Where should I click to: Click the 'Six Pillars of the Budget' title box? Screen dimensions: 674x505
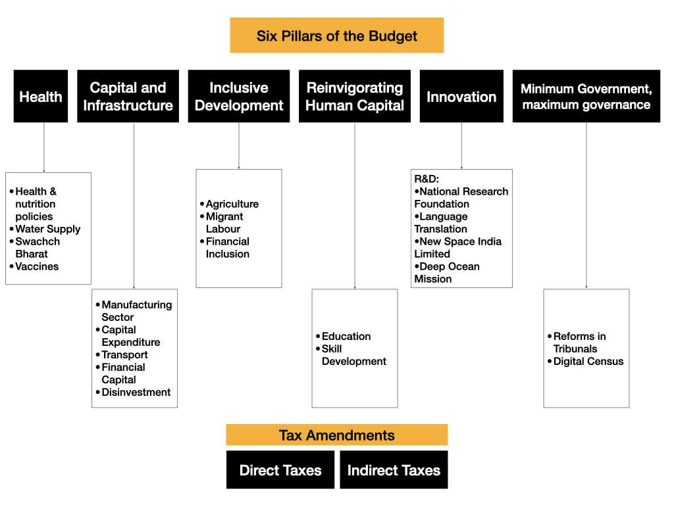pyautogui.click(x=336, y=36)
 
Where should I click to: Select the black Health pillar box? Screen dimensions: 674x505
pyautogui.click(x=41, y=96)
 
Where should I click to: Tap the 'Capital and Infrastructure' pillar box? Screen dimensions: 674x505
pyautogui.click(x=128, y=96)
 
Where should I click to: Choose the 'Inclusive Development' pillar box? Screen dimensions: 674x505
pyautogui.click(x=239, y=96)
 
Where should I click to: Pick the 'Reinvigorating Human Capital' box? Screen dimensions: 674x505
pyautogui.click(x=355, y=96)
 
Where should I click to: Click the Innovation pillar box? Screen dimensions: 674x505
pyautogui.click(x=461, y=96)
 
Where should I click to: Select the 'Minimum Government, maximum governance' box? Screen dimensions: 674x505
pyautogui.click(x=586, y=96)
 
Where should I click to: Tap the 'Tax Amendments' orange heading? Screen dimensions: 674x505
pyautogui.click(x=337, y=435)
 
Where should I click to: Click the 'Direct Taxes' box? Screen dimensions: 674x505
pyautogui.click(x=280, y=469)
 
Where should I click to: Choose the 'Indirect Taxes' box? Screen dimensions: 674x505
pyautogui.click(x=394, y=469)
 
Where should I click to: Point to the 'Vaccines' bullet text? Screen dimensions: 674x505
pyautogui.click(x=37, y=266)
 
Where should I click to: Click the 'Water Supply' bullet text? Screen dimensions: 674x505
pyautogui.click(x=47, y=229)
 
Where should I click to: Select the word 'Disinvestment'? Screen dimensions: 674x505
pyautogui.click(x=136, y=392)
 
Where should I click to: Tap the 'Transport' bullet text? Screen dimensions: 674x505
pyautogui.click(x=124, y=354)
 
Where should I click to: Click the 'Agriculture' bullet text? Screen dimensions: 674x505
pyautogui.click(x=232, y=204)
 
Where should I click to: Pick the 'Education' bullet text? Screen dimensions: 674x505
pyautogui.click(x=346, y=336)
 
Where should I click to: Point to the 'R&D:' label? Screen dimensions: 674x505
pyautogui.click(x=427, y=179)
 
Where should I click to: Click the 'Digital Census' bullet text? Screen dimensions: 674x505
pyautogui.click(x=588, y=361)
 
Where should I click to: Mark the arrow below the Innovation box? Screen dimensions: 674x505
pyautogui.click(x=461, y=145)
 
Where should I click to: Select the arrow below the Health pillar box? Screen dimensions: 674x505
pyautogui.click(x=44, y=147)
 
